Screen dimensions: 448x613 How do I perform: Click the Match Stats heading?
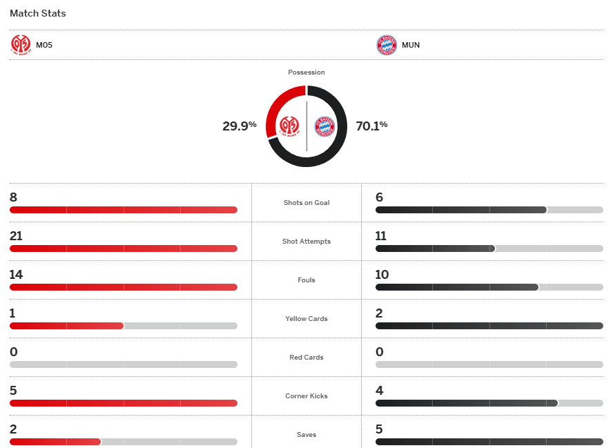point(38,13)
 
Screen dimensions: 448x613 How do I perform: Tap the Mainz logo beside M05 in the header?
point(21,45)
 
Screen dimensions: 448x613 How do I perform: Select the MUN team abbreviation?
point(411,45)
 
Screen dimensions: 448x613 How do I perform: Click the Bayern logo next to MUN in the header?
point(387,45)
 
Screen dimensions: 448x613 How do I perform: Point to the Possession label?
point(306,72)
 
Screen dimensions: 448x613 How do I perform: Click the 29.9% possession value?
point(239,126)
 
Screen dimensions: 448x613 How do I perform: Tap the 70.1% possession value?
point(371,126)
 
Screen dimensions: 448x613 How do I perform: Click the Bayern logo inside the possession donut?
point(324,126)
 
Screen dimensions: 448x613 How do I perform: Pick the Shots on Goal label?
point(306,203)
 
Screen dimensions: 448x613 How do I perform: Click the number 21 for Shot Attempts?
point(16,236)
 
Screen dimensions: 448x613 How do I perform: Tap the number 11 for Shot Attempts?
point(381,236)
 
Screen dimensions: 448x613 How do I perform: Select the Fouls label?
point(306,280)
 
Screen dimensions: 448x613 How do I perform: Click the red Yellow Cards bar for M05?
point(66,326)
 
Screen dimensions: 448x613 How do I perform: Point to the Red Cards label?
point(306,358)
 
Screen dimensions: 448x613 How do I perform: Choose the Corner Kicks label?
point(306,396)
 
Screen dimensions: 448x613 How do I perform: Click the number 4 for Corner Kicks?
point(379,391)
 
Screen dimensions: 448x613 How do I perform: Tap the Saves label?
point(306,435)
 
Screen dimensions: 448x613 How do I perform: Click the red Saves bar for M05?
point(55,442)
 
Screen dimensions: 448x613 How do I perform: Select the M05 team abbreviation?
point(44,45)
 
